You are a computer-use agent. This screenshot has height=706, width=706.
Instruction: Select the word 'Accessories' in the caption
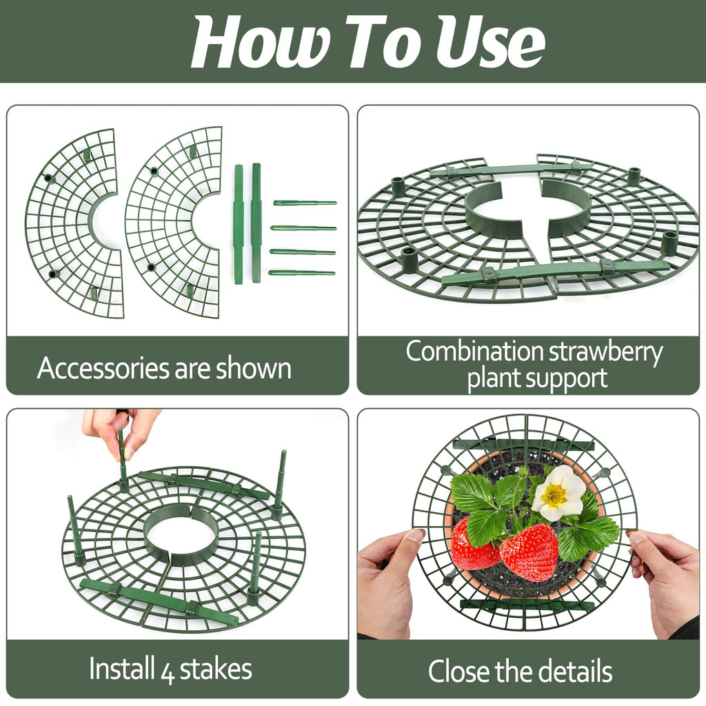coord(103,368)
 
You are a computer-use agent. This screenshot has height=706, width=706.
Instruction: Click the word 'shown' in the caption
coord(254,368)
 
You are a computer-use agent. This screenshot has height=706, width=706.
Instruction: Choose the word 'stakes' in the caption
coord(216,669)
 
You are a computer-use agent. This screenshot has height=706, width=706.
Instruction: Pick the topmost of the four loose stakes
coord(305,203)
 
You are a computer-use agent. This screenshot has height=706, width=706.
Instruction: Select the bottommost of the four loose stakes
coord(302,273)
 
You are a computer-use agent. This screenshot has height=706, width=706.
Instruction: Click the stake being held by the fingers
coord(123,459)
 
